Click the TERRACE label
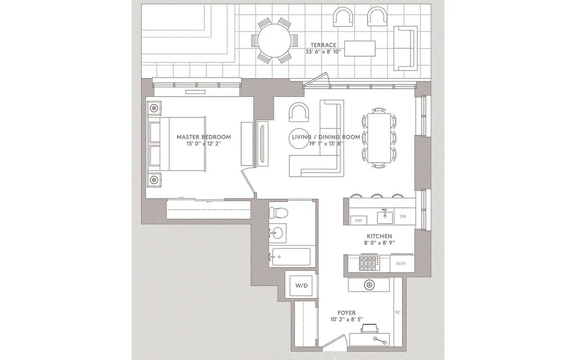(323, 45)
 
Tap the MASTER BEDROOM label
(203, 137)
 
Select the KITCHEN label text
(379, 236)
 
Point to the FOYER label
(346, 313)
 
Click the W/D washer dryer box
(301, 286)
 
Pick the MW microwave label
(359, 220)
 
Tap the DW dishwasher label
(403, 216)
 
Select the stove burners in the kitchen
(369, 263)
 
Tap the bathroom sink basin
(279, 233)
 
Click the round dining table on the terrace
(274, 40)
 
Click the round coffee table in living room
(298, 139)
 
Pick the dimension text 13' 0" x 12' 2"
(203, 144)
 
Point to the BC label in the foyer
(397, 312)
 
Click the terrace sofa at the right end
(405, 48)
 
